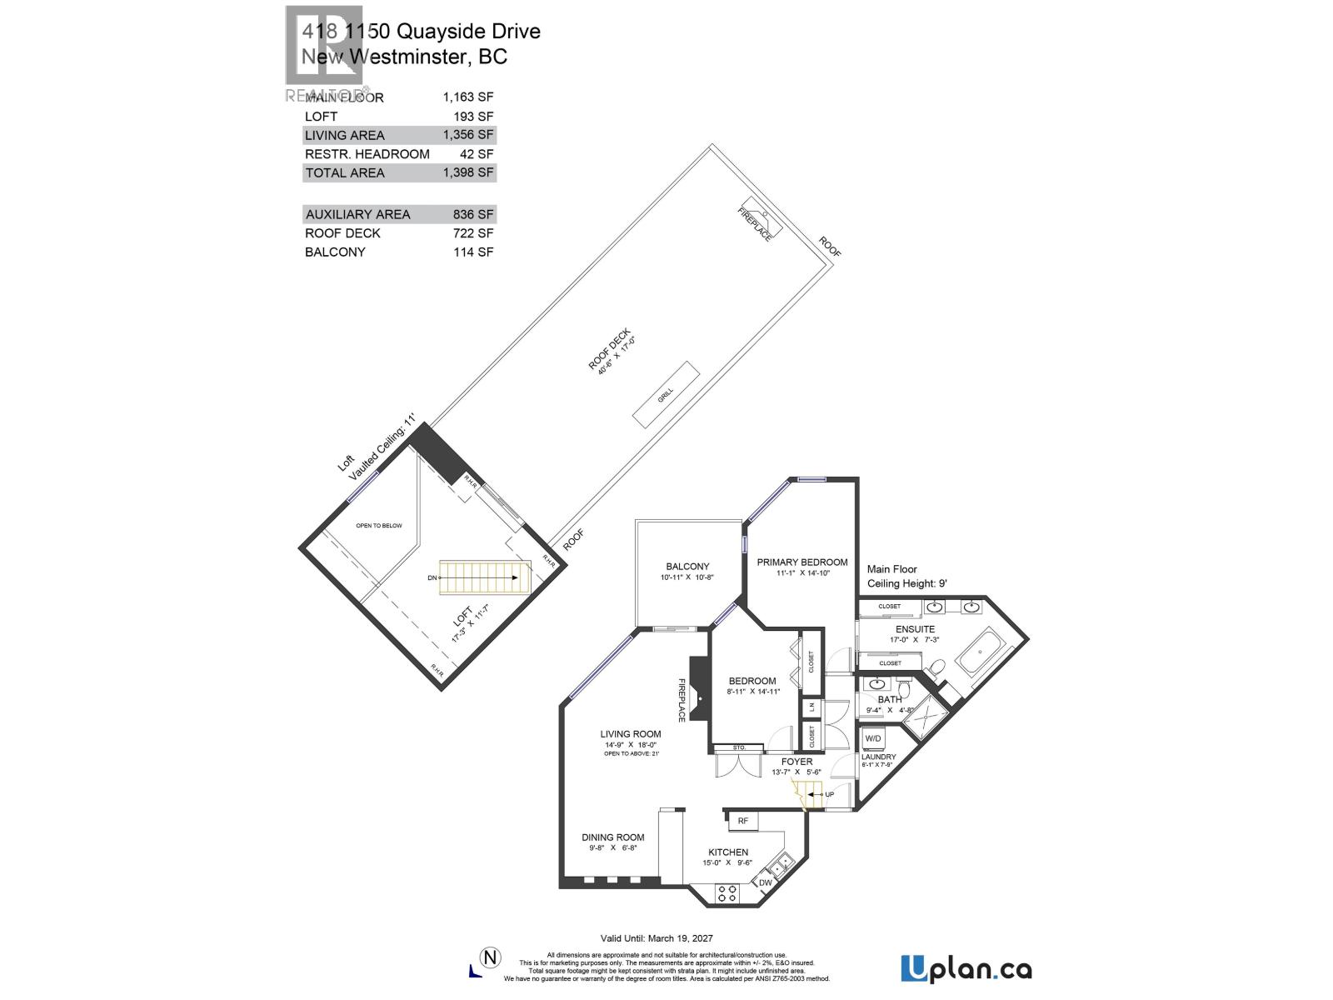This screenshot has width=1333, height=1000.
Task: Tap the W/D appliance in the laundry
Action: coord(873,739)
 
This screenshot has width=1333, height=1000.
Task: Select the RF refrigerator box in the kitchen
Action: coord(742,821)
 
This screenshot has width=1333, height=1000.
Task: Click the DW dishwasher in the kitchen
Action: coord(765,882)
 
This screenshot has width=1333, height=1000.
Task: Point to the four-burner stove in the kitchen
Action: coord(726,893)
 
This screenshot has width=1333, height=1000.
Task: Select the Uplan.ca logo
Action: coord(966,969)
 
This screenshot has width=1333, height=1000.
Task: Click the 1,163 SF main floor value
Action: coord(468,97)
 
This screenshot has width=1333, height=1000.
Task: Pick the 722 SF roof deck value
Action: coord(473,233)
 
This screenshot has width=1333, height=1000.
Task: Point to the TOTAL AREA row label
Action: coord(345,172)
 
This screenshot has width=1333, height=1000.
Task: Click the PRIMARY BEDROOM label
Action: coord(802,562)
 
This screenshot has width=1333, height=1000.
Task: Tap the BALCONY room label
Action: coord(687,567)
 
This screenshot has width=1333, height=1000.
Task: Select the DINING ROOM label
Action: coord(613,837)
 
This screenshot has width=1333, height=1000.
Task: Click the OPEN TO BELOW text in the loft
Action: coord(379,526)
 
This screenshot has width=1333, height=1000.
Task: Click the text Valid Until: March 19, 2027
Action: coord(657,938)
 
